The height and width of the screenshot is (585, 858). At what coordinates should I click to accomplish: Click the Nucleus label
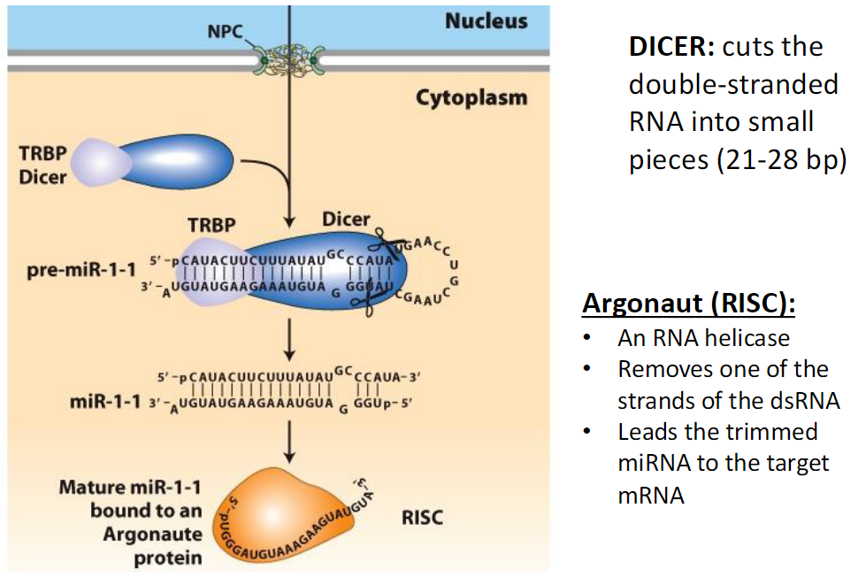tap(486, 20)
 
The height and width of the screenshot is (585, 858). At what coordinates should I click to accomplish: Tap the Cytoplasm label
tap(471, 97)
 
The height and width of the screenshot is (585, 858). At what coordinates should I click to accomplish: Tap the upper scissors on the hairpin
tap(386, 242)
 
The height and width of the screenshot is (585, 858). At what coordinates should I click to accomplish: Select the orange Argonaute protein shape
tap(296, 513)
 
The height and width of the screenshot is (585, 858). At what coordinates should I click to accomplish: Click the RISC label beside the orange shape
tap(422, 518)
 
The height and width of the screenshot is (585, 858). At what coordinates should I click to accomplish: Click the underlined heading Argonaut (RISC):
tap(688, 304)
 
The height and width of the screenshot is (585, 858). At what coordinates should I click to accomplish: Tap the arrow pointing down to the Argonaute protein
tap(289, 439)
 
